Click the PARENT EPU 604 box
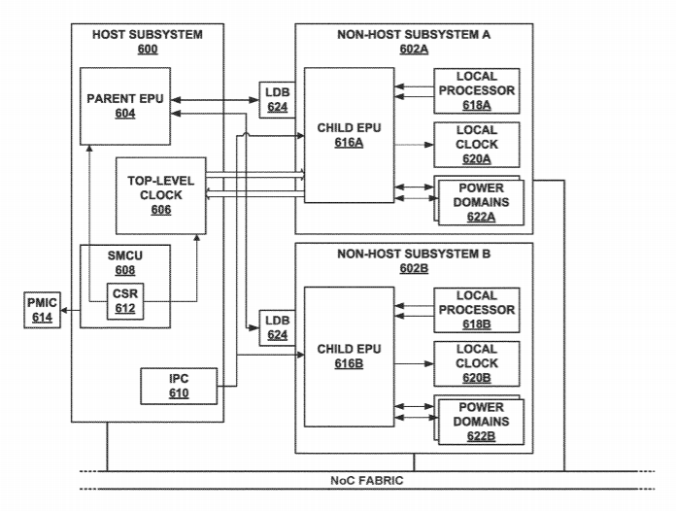(x=124, y=105)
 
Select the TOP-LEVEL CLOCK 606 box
(x=161, y=194)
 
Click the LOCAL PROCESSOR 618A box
(x=475, y=90)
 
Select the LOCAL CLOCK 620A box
(x=475, y=144)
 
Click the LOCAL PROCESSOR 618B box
(x=475, y=310)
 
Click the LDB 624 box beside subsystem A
(x=277, y=98)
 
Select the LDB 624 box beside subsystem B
(x=277, y=329)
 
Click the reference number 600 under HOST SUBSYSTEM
(x=148, y=50)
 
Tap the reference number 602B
(x=414, y=267)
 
